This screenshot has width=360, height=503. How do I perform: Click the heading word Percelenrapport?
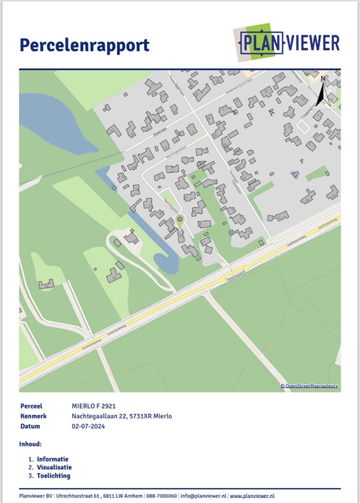84,45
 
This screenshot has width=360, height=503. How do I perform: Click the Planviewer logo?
289,43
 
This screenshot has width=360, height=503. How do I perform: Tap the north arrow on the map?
322,92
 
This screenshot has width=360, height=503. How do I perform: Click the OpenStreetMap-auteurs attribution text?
310,386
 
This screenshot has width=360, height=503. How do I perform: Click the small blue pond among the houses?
294,175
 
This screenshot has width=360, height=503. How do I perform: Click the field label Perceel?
33,406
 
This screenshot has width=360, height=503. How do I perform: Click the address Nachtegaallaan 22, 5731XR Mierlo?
121,416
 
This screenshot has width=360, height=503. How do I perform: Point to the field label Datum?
31,426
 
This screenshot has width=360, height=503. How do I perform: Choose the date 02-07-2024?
89,426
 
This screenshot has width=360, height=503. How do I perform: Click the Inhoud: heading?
31,444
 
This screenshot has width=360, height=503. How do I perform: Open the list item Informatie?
52,459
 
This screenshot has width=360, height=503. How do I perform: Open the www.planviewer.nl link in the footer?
252,496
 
